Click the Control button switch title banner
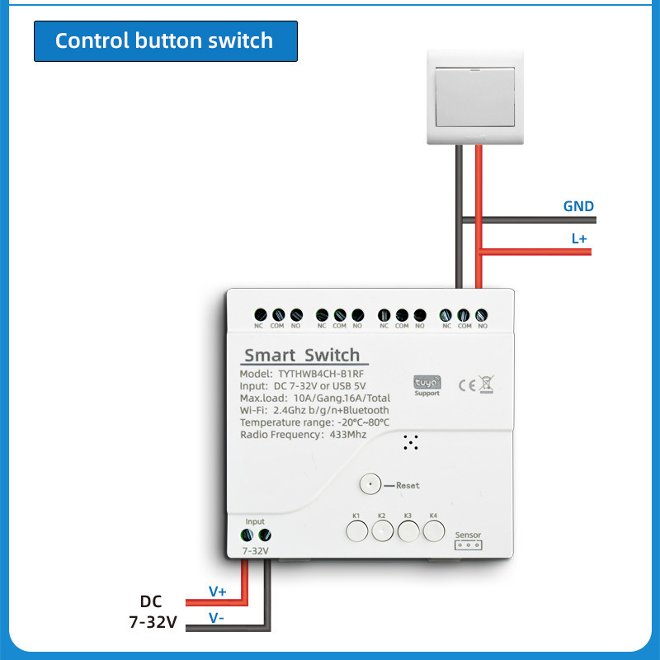[164, 40]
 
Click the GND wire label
[578, 206]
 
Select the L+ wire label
[578, 238]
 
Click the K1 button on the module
[356, 531]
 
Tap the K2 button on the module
[382, 531]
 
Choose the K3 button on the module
[408, 531]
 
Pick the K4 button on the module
[433, 531]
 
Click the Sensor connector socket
[468, 545]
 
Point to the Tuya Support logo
[427, 384]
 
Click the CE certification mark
[466, 383]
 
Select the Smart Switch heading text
[302, 356]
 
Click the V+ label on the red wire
[218, 592]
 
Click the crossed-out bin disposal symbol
[486, 383]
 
